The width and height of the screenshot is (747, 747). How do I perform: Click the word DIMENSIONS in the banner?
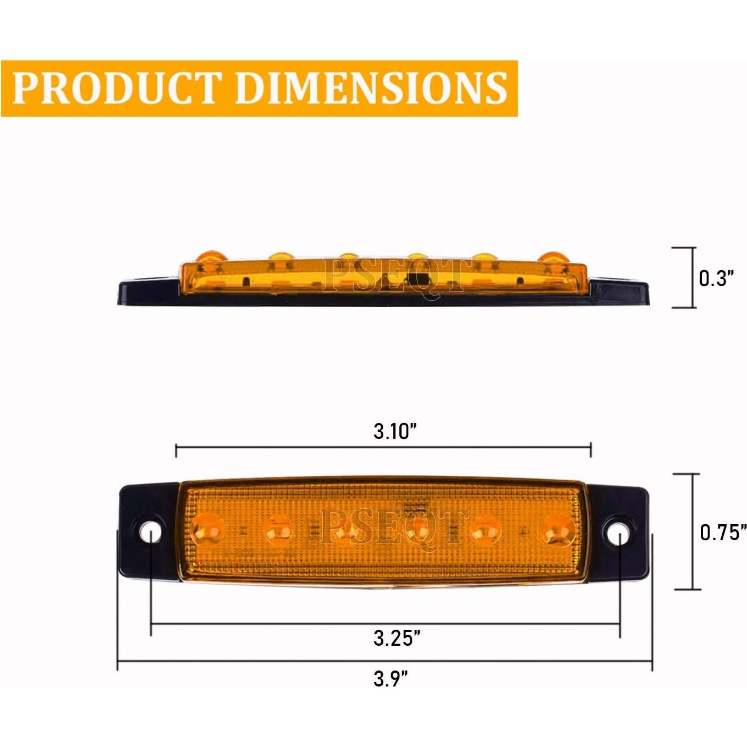[371, 88]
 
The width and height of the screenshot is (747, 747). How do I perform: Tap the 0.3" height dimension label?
[716, 278]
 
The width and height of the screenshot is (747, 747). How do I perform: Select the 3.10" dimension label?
[394, 431]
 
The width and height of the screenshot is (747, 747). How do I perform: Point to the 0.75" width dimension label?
[723, 532]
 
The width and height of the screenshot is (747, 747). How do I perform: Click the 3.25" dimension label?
[397, 638]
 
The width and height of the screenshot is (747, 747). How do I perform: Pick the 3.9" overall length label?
[391, 679]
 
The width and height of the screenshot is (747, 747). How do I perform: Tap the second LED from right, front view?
[487, 529]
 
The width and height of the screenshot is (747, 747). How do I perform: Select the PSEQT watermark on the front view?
[393, 526]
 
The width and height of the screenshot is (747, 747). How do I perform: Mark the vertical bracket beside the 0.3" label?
[692, 278]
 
